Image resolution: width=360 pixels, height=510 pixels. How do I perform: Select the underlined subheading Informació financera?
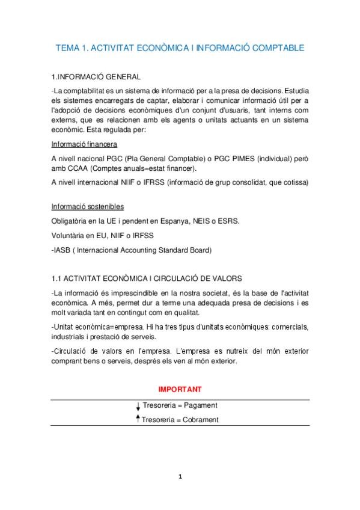click(84, 145)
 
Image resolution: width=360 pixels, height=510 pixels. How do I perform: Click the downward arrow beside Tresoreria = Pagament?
click(138, 407)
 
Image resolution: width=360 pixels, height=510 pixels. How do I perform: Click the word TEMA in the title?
click(68, 47)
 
